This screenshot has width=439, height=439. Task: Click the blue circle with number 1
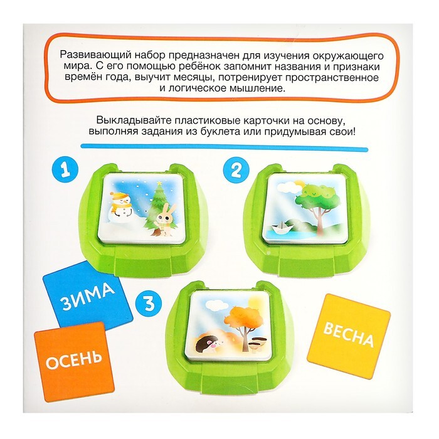[65, 170]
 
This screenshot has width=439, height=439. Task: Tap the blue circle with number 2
[236, 170]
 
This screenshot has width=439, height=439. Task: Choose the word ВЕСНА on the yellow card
[349, 334]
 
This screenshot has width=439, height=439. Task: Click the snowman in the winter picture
[122, 204]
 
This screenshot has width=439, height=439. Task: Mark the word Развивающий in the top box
[94, 55]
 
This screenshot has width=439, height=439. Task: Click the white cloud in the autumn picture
[213, 304]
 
